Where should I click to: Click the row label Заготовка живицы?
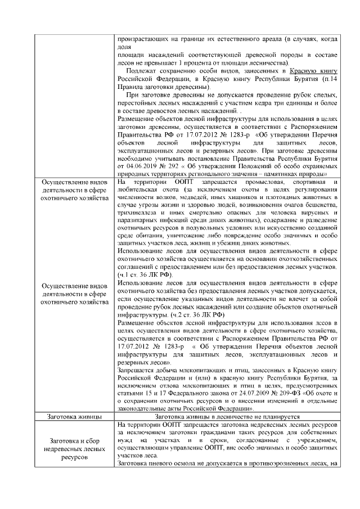pyautogui.click(x=75, y=417)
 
